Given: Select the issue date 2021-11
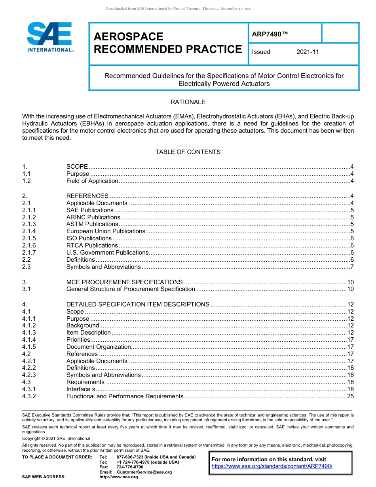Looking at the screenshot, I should (x=308, y=52).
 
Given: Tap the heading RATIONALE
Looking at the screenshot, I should (x=188, y=102).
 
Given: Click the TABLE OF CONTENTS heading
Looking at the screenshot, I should (x=188, y=152).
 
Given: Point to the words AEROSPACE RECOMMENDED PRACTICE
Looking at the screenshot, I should (x=167, y=43).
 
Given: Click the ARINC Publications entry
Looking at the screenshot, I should (x=93, y=217).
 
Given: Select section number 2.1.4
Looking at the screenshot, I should (x=29, y=231).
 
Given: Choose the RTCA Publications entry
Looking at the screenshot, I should (x=92, y=245).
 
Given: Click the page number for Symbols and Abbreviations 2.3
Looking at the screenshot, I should (x=351, y=267).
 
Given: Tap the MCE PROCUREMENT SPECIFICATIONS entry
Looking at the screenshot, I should (x=124, y=282).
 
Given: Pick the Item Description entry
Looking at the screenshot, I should (x=88, y=333).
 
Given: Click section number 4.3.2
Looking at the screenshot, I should (x=29, y=396).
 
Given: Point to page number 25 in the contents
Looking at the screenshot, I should (x=350, y=396).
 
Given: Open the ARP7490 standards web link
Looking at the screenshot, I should (x=272, y=466).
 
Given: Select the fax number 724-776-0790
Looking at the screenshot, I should (x=130, y=467).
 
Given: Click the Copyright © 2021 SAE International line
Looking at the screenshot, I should (x=56, y=438).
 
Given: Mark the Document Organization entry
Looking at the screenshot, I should (x=99, y=347).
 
